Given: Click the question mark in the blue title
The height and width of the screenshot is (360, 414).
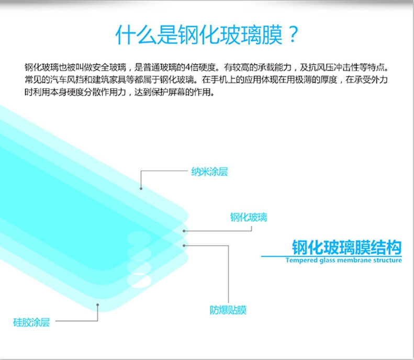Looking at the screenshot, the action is [293, 35].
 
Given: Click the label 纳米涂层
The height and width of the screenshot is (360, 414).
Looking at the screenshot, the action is [210, 172].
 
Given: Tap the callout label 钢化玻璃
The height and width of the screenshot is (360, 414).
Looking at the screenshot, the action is [249, 218].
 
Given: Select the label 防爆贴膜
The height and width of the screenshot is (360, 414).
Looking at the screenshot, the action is [228, 310].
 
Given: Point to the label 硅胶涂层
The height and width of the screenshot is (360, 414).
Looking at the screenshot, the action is [31, 322].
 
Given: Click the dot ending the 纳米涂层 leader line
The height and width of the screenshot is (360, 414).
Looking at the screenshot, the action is [141, 188].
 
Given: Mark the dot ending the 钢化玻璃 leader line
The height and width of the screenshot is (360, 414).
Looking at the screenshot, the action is [184, 231].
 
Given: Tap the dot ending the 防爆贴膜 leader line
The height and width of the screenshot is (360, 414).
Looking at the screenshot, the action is [184, 246].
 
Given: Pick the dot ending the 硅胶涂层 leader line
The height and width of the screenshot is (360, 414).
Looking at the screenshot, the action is [98, 305].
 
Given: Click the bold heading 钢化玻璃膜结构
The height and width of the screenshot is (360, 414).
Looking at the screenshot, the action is [346, 248].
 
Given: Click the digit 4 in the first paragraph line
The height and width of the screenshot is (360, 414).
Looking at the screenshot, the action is [187, 67].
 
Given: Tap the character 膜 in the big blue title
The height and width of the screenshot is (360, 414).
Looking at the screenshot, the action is [272, 35].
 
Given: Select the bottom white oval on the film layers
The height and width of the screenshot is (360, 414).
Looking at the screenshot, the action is [139, 280].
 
